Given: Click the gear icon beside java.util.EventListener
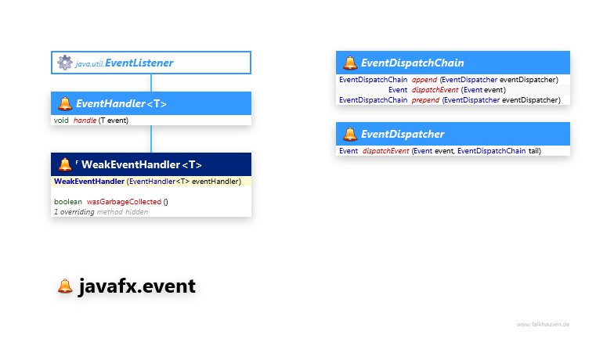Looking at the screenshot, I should (64, 63).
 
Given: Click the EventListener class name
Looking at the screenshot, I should (139, 63).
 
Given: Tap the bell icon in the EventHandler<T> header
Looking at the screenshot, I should (64, 103).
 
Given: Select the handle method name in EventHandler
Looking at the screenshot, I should (85, 121).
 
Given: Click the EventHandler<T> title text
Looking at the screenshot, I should (121, 103).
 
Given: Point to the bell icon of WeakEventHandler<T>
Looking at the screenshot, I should (65, 164).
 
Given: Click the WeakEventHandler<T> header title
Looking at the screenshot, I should (141, 164).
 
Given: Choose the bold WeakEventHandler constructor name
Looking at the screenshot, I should (88, 182).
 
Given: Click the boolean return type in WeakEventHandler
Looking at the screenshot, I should (67, 201).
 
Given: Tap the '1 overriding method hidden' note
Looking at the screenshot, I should (100, 211).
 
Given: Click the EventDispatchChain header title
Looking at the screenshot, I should (412, 63).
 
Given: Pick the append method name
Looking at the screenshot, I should (424, 80).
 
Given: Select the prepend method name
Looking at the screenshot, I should (425, 100).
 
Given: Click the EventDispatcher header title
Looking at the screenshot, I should (402, 134).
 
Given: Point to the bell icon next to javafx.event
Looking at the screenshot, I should (65, 286).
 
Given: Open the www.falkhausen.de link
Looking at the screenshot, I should (543, 324).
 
